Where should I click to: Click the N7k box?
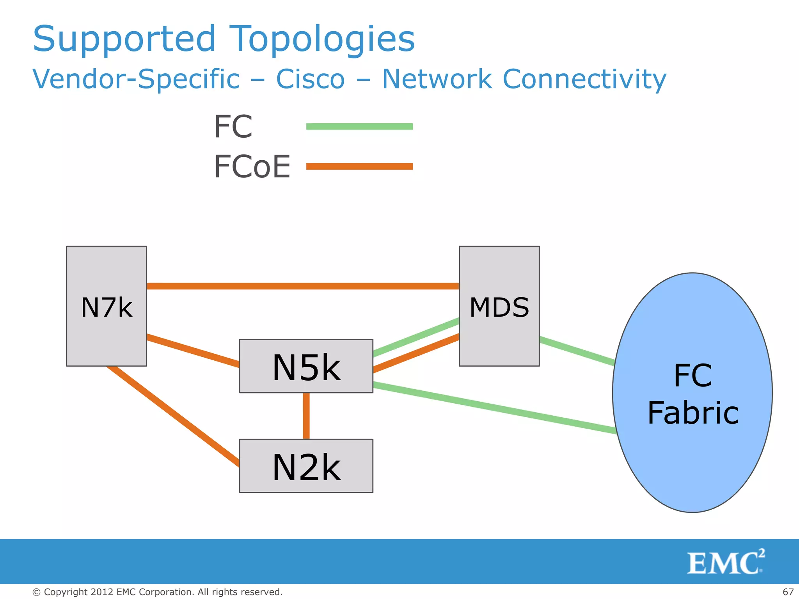coord(107,306)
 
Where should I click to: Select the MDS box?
coord(499,306)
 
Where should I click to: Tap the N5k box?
coord(306,366)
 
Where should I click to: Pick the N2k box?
coord(306,466)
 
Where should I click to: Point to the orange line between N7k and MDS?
coord(303,286)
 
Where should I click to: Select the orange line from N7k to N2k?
coord(173,416)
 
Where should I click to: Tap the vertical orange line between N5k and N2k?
coord(306,416)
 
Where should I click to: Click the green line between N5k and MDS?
coord(416,337)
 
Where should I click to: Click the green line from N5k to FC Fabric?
coord(494,408)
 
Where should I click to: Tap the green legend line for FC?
coord(359,126)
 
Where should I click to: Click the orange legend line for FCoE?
coord(359,167)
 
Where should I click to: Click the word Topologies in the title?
coord(322,39)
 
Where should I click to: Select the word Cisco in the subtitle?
coord(310,79)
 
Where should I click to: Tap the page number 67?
coord(788,592)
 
